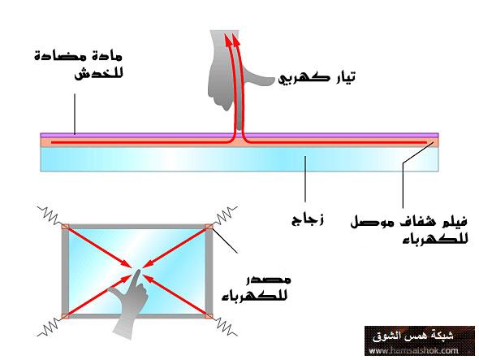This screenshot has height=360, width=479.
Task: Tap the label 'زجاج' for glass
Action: click(308, 219)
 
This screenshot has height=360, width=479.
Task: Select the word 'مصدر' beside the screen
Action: click(269, 280)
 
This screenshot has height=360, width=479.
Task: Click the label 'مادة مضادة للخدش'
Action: click(79, 65)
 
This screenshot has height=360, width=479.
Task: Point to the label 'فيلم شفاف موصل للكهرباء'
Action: click(409, 229)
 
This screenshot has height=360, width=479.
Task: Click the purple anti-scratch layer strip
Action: click(239, 135)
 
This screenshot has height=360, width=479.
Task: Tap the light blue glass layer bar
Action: click(239, 159)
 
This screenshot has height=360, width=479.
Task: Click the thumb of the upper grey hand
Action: click(261, 80)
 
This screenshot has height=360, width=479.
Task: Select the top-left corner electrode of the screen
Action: click(65, 227)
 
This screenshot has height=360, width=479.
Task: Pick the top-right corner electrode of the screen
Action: click(209, 227)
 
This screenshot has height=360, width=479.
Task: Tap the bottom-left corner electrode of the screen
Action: click(65, 316)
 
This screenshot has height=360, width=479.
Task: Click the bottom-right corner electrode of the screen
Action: click(209, 316)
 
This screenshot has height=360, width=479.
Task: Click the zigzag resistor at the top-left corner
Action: click(50, 215)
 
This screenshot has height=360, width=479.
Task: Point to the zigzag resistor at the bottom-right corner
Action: click(226, 327)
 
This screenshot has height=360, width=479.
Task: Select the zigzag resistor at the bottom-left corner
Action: click(50, 327)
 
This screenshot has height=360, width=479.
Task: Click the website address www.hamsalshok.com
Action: click(413, 350)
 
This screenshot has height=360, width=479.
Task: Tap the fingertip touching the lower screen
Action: click(137, 271)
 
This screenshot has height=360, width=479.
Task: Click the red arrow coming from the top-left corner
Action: click(99, 248)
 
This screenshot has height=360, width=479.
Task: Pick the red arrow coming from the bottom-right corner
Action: click(175, 294)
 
